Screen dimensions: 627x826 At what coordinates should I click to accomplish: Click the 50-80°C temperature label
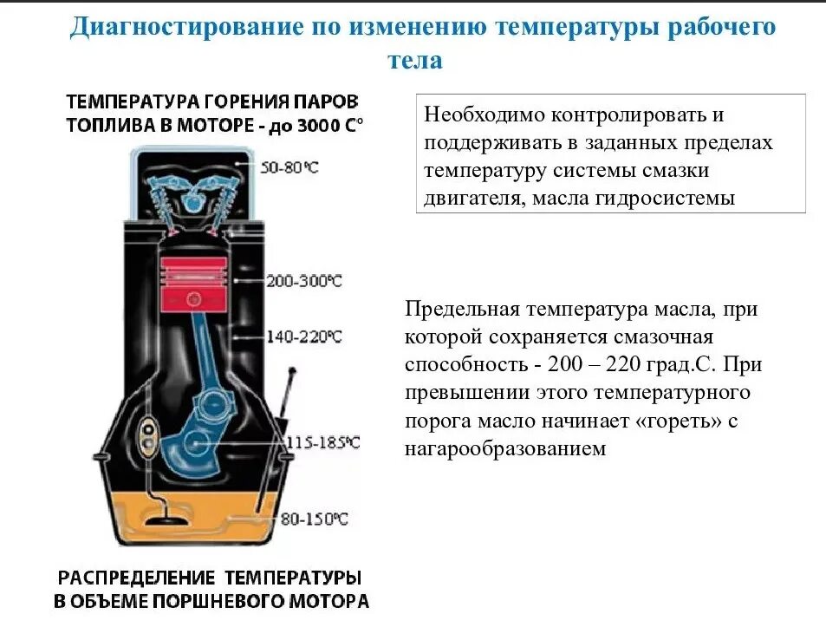pyautogui.click(x=289, y=167)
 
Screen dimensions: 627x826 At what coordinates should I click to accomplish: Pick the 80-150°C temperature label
pyautogui.click(x=313, y=519)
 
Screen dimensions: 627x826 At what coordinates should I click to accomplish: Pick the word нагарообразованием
pyautogui.click(x=504, y=449)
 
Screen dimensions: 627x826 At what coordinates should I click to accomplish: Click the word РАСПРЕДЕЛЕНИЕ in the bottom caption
pyautogui.click(x=138, y=578)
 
